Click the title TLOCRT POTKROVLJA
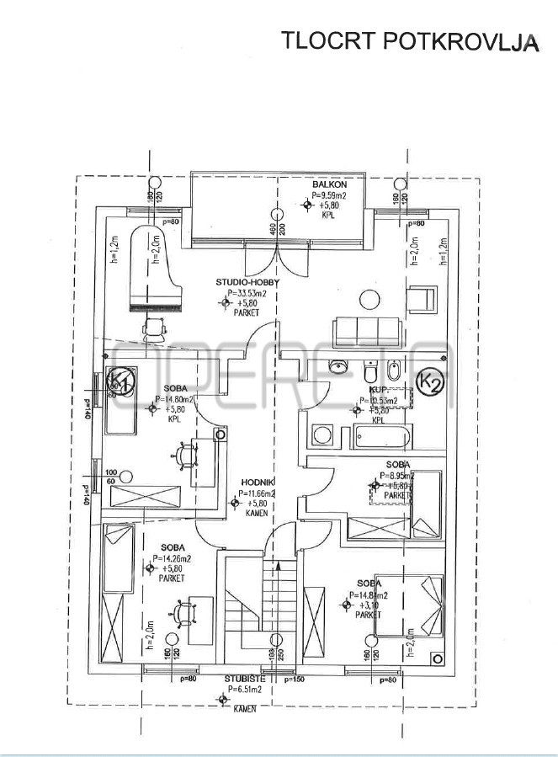click(x=409, y=41)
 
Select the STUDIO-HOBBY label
click(x=246, y=283)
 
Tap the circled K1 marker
click(x=121, y=385)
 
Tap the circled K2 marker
click(x=431, y=384)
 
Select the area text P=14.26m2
click(x=176, y=557)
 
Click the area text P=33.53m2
click(x=247, y=293)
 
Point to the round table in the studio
click(x=369, y=297)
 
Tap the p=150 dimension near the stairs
click(x=295, y=678)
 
